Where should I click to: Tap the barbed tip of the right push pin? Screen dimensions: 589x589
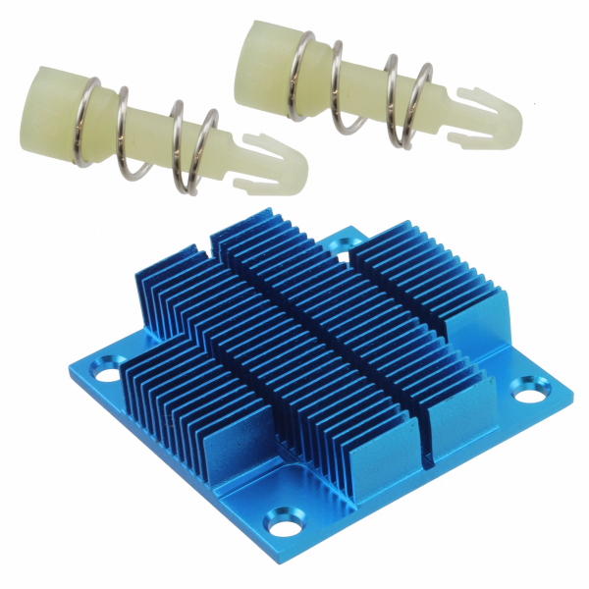[x=488, y=116]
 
